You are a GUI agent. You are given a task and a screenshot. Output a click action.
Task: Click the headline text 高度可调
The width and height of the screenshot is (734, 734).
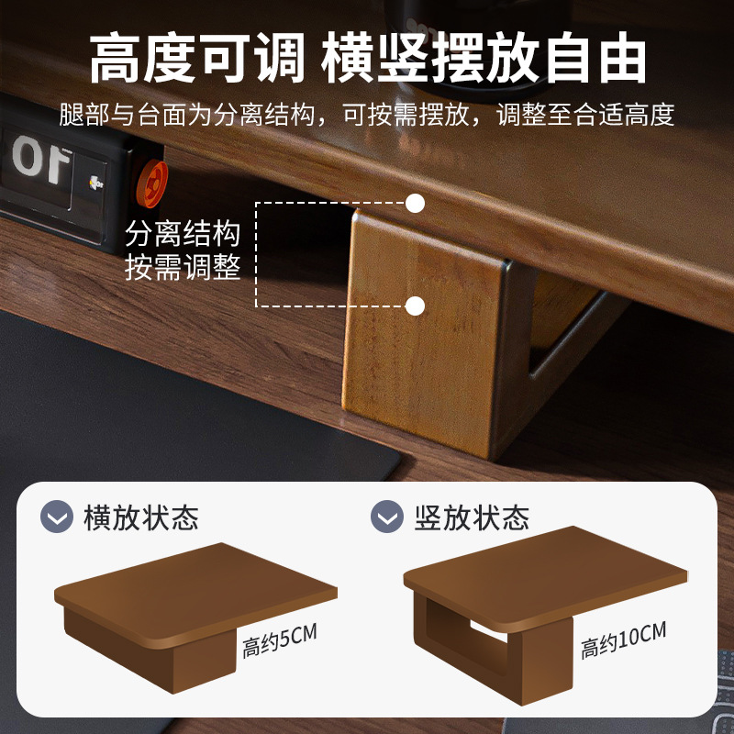pyautogui.click(x=196, y=61)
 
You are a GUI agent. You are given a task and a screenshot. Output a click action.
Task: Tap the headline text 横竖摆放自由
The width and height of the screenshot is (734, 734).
pyautogui.click(x=484, y=61)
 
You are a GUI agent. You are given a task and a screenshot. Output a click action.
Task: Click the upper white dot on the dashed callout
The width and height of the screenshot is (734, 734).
pyautogui.click(x=416, y=203)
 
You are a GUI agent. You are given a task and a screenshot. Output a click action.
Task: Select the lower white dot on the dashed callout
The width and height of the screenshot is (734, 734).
pyautogui.click(x=416, y=306)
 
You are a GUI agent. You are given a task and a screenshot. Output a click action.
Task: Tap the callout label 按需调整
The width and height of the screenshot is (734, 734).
pyautogui.click(x=183, y=268)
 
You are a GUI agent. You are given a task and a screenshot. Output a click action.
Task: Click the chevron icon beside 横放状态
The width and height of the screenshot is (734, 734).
pyautogui.click(x=57, y=517)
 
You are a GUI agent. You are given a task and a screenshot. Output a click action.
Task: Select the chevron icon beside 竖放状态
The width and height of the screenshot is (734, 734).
pyautogui.click(x=387, y=517)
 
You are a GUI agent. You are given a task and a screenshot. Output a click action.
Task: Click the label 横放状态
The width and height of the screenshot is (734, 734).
pyautogui.click(x=140, y=517)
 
